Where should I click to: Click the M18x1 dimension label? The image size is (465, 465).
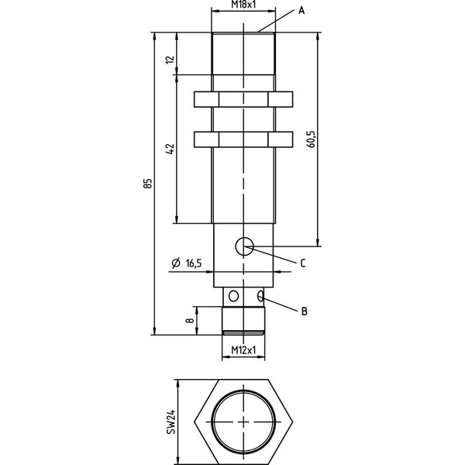click(x=243, y=4)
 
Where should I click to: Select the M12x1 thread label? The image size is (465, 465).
click(x=243, y=350)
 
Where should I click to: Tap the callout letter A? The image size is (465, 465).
click(x=301, y=11)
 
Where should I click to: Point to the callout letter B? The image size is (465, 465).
click(x=304, y=311)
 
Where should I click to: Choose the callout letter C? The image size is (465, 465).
click(x=303, y=263)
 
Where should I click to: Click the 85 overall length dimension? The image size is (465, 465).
click(x=148, y=183)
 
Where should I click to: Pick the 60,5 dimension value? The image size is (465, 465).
click(x=312, y=139)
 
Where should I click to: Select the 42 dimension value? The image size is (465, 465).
click(x=170, y=149)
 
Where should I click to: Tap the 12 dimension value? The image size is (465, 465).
click(x=170, y=60)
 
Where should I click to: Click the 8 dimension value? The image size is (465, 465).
click(x=190, y=320)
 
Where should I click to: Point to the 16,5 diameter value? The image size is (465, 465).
click(x=193, y=263)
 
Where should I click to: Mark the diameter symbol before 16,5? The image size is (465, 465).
click(x=176, y=263)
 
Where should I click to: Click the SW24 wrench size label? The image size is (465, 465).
click(x=170, y=422)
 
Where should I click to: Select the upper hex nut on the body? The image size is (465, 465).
click(x=243, y=99)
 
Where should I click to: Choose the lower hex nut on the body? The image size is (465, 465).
click(x=243, y=139)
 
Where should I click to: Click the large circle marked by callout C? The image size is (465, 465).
click(x=244, y=246)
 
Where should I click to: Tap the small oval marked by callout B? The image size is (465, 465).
click(x=261, y=296)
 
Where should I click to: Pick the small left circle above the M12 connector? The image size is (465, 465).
click(x=234, y=296)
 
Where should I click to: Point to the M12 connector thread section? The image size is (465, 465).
click(x=243, y=321)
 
